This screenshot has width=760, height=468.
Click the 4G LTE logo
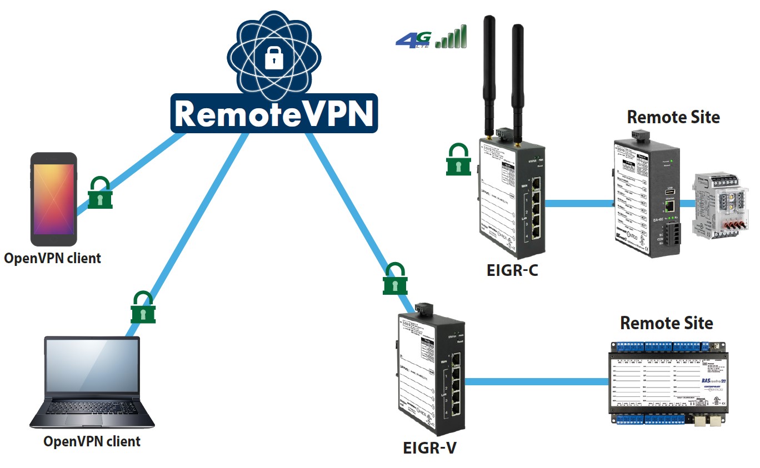tap(413, 39)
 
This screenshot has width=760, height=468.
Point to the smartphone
tap(53, 199)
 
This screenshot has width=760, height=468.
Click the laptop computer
tap(92, 383)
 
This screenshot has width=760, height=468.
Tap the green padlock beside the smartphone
tap(101, 193)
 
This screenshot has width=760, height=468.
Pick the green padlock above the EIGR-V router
tap(395, 279)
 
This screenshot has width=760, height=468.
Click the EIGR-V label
tap(429, 447)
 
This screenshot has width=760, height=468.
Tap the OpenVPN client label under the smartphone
tap(53, 258)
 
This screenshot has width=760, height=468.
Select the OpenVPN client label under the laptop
tap(92, 442)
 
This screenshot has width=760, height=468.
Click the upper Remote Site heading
tap(673, 117)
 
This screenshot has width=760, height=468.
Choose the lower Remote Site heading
tap(666, 323)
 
